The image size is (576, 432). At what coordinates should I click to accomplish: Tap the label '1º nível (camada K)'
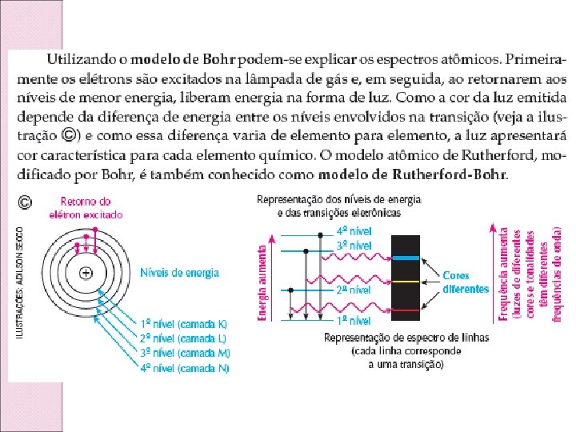pyautogui.click(x=183, y=323)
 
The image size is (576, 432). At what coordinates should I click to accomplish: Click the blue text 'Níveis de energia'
pyautogui.click(x=179, y=273)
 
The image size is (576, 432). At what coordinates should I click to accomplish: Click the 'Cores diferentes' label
pyautogui.click(x=466, y=282)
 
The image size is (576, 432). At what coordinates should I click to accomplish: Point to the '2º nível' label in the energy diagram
pyautogui.click(x=352, y=290)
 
